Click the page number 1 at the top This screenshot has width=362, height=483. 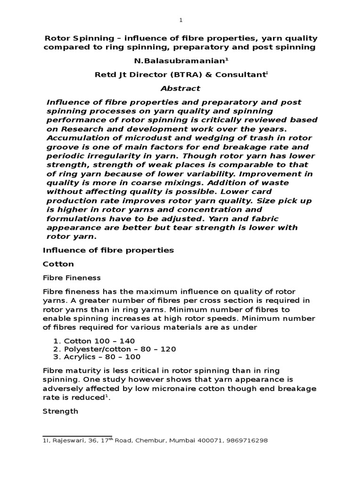coord(181,20)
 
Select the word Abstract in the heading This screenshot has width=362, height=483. coord(181,88)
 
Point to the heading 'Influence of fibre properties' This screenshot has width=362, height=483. coord(108,250)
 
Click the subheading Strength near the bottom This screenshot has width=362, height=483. coord(60,411)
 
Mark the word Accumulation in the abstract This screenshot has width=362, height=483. coord(76,138)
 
